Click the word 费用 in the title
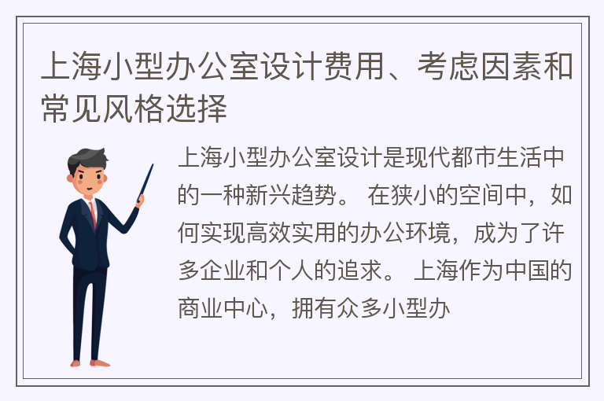354,66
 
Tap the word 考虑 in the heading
449,66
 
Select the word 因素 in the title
511,66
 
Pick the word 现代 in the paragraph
428,157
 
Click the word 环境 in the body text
428,233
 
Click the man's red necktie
93,214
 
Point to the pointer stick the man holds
145,182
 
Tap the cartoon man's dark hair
87,159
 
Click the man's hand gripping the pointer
140,200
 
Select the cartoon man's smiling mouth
90,189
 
